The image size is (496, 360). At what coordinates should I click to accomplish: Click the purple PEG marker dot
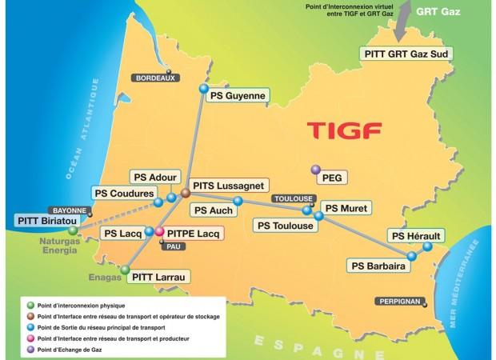315,170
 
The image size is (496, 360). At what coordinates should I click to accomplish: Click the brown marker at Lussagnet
185,193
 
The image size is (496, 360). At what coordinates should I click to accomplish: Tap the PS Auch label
211,210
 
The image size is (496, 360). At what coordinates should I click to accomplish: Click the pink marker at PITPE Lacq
159,233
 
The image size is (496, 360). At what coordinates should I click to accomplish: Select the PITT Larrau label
158,277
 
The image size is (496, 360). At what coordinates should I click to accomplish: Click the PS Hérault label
416,235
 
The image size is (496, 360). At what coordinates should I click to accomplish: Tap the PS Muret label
343,207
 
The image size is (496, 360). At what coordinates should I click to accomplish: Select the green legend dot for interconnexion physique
30,305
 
